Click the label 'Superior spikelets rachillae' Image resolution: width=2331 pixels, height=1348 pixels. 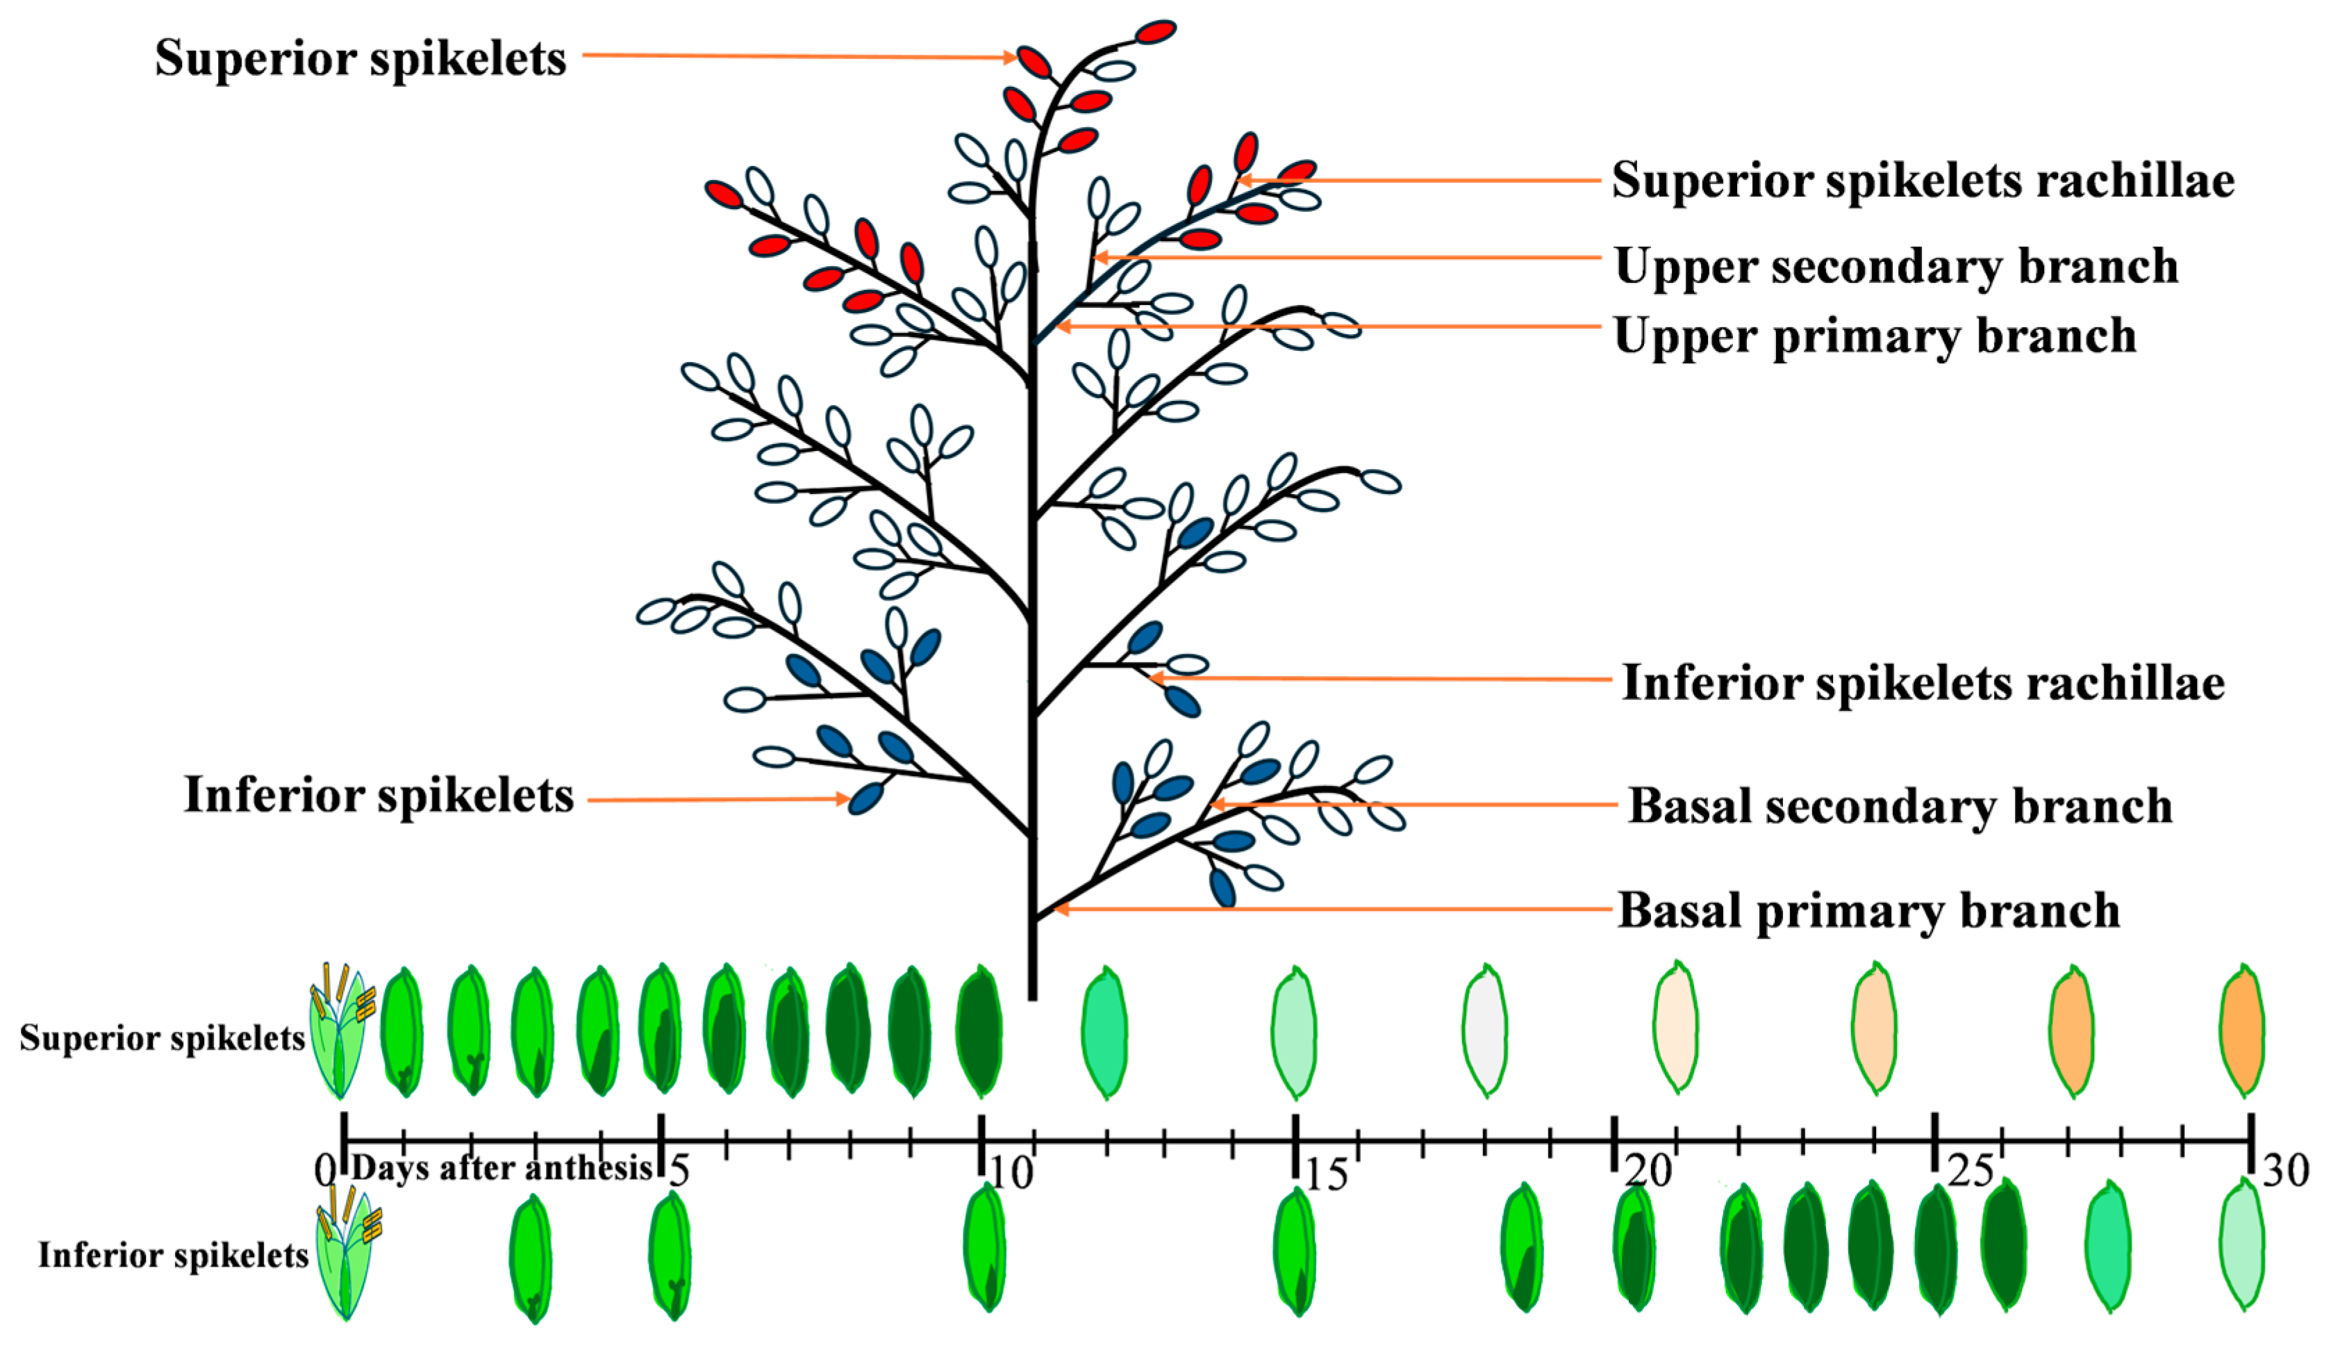[x=1922, y=181]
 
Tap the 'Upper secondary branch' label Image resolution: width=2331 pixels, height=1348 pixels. [x=1896, y=266]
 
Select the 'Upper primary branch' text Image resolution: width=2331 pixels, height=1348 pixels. [x=1875, y=336]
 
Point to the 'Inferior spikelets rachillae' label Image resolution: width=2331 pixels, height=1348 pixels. [x=1922, y=684]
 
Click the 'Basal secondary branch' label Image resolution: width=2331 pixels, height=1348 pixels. [x=1900, y=806]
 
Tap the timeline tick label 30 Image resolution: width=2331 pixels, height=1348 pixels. [x=2284, y=1172]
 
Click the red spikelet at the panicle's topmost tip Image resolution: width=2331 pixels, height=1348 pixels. [x=1155, y=33]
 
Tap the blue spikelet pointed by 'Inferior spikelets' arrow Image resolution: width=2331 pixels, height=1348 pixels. [x=866, y=798]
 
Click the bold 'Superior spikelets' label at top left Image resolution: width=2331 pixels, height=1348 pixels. [x=360, y=58]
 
